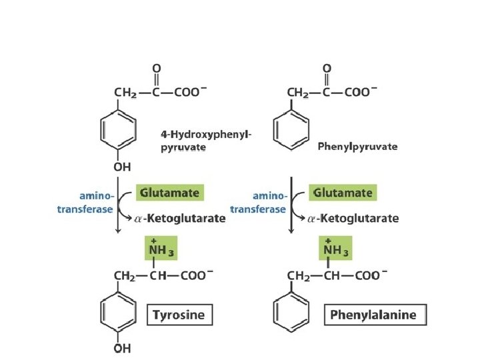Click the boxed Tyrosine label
(x=179, y=315)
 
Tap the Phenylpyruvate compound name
(x=357, y=146)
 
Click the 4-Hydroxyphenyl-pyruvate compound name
(x=206, y=141)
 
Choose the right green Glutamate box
(x=343, y=192)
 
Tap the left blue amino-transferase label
(x=90, y=202)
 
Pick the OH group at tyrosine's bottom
(x=122, y=347)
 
